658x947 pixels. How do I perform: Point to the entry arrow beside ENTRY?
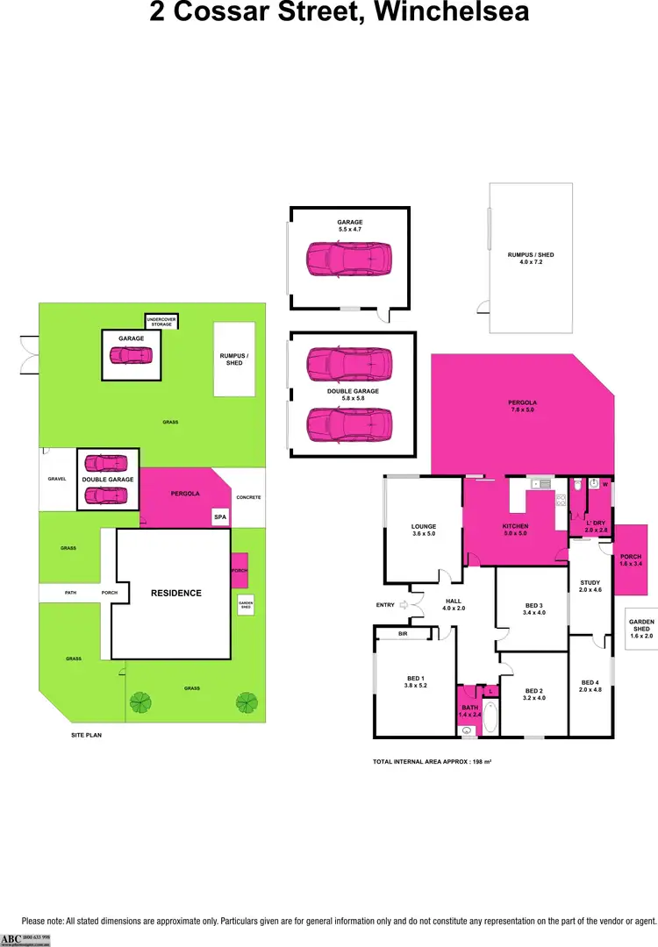404,604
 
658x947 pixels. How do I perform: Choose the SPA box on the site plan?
220,518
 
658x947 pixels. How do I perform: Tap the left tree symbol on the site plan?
139,701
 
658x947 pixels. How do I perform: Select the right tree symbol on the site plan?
246,701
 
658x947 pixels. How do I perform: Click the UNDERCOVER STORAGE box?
161,322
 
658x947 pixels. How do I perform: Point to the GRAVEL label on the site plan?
57,480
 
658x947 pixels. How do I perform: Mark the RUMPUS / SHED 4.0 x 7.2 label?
531,258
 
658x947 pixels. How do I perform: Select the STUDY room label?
590,585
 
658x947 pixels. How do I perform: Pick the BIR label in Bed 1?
403,633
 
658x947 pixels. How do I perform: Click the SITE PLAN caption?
87,735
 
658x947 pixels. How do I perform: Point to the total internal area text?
432,762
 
